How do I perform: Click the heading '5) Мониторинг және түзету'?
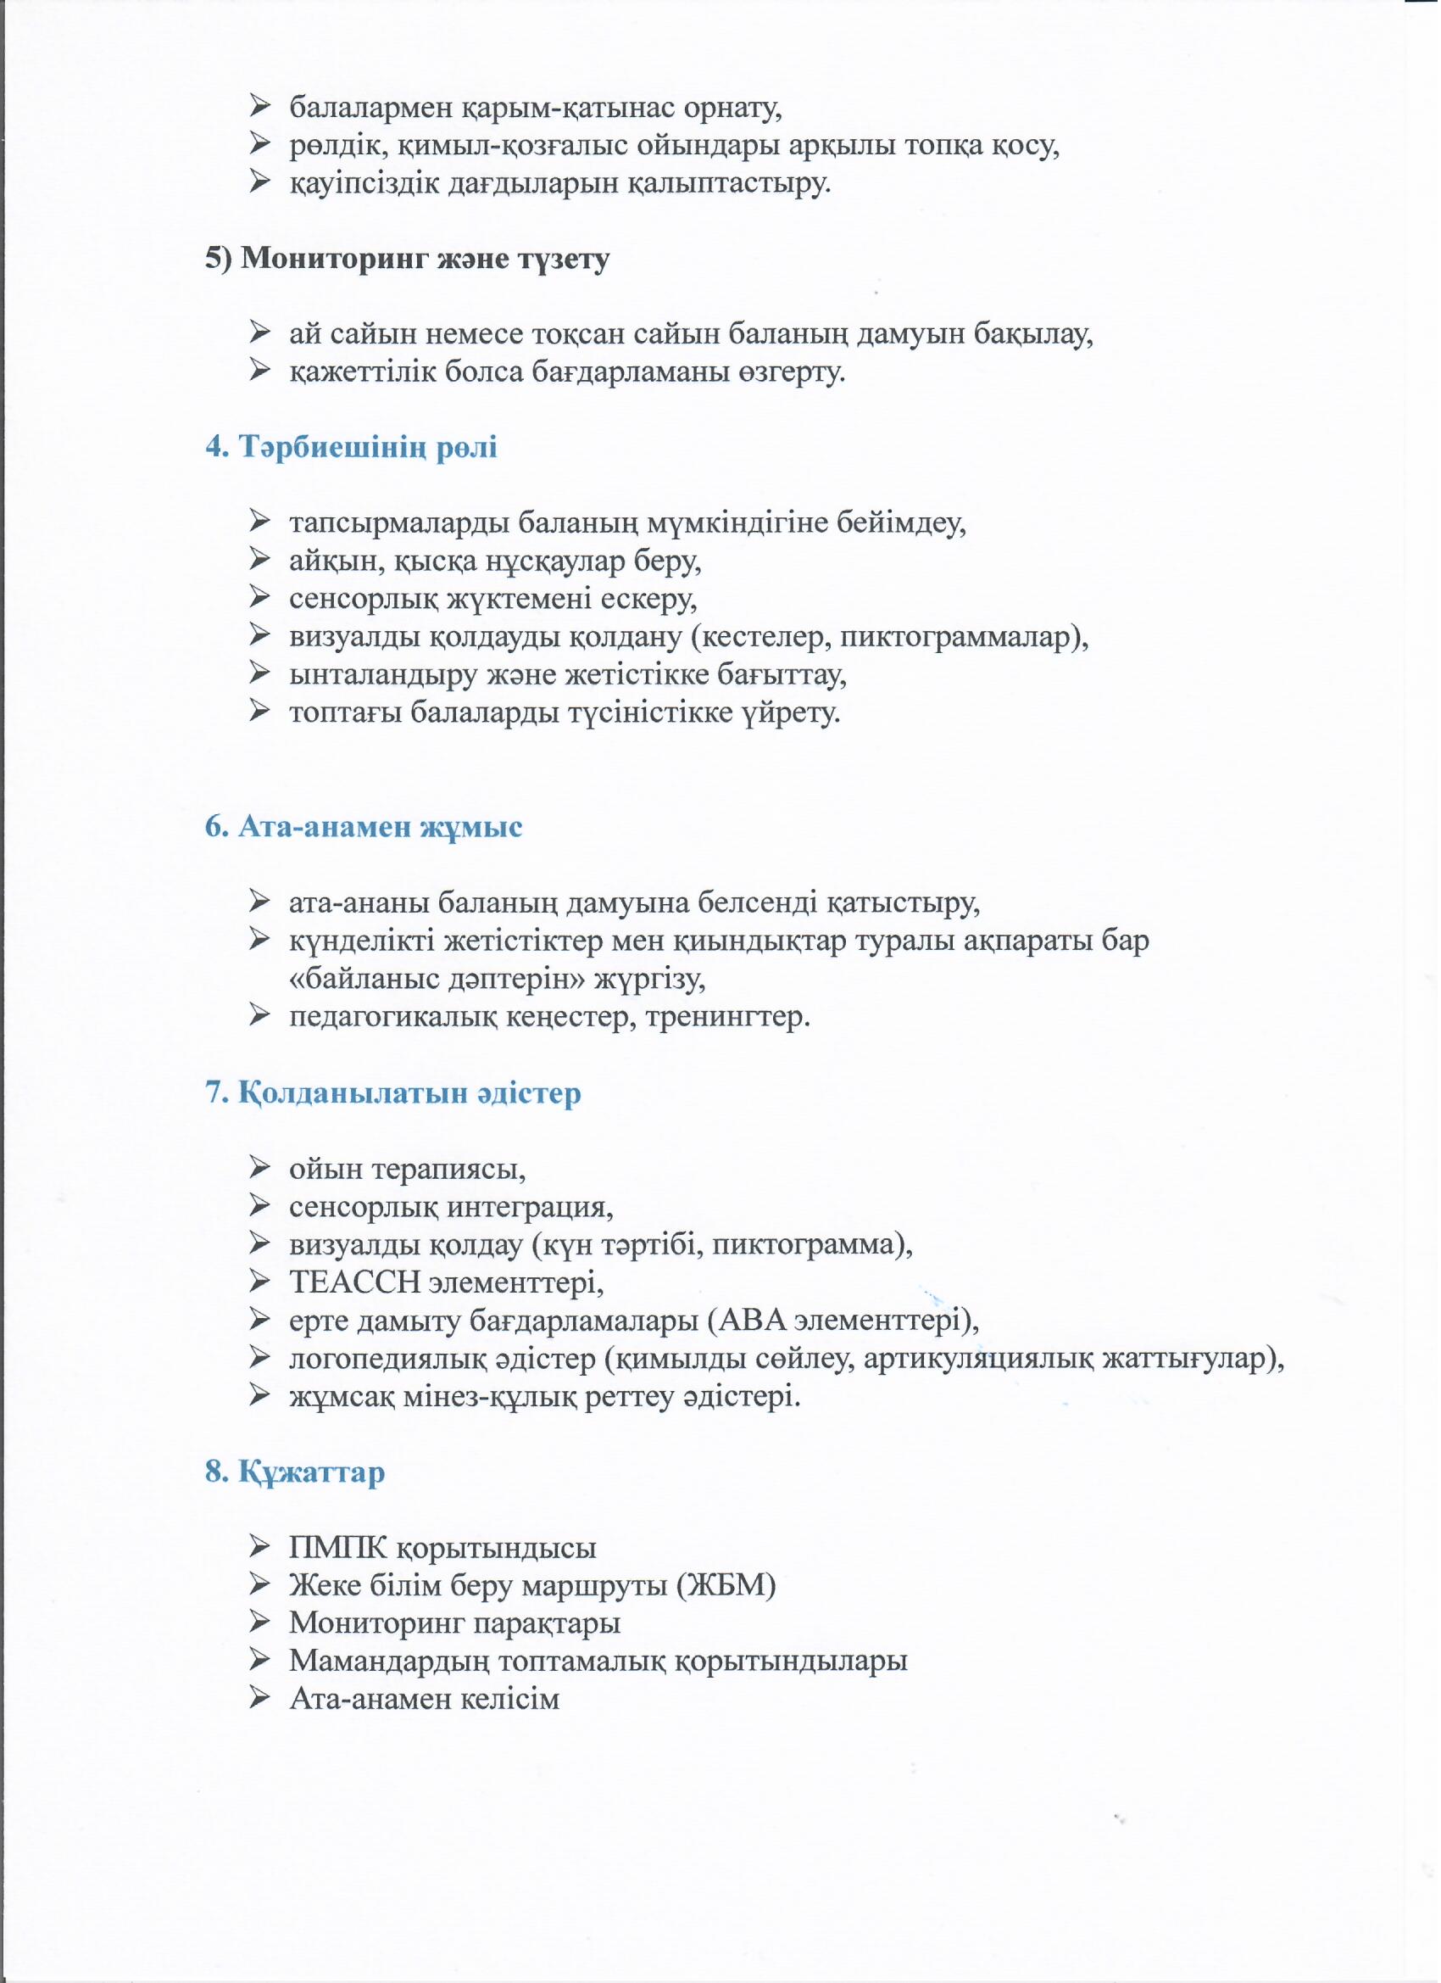pos(407,260)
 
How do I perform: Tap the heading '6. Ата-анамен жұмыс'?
pos(364,827)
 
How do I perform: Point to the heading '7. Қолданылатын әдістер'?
pos(393,1094)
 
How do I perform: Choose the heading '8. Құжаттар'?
pos(295,1472)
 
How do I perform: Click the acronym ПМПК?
pos(337,1549)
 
